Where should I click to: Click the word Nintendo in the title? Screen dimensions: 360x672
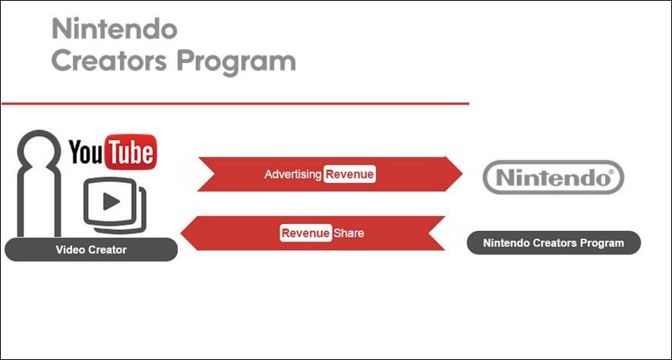(114, 30)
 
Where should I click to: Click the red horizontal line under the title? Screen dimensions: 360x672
(235, 103)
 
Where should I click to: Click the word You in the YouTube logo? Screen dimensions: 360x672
(85, 153)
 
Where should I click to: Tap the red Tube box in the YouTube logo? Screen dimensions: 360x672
(130, 152)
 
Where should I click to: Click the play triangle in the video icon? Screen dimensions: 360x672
(111, 201)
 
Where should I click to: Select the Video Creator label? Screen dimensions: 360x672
(91, 249)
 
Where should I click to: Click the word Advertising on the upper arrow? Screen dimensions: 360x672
(293, 175)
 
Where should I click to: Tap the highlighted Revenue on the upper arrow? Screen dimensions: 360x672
(350, 175)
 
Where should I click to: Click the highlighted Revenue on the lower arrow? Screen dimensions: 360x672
(305, 233)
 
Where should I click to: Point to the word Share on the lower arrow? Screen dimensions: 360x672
(349, 233)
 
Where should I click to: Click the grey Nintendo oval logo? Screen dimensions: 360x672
(554, 178)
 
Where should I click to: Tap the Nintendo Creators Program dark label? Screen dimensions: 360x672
(554, 243)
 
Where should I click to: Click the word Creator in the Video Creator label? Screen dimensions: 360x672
(106, 249)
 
